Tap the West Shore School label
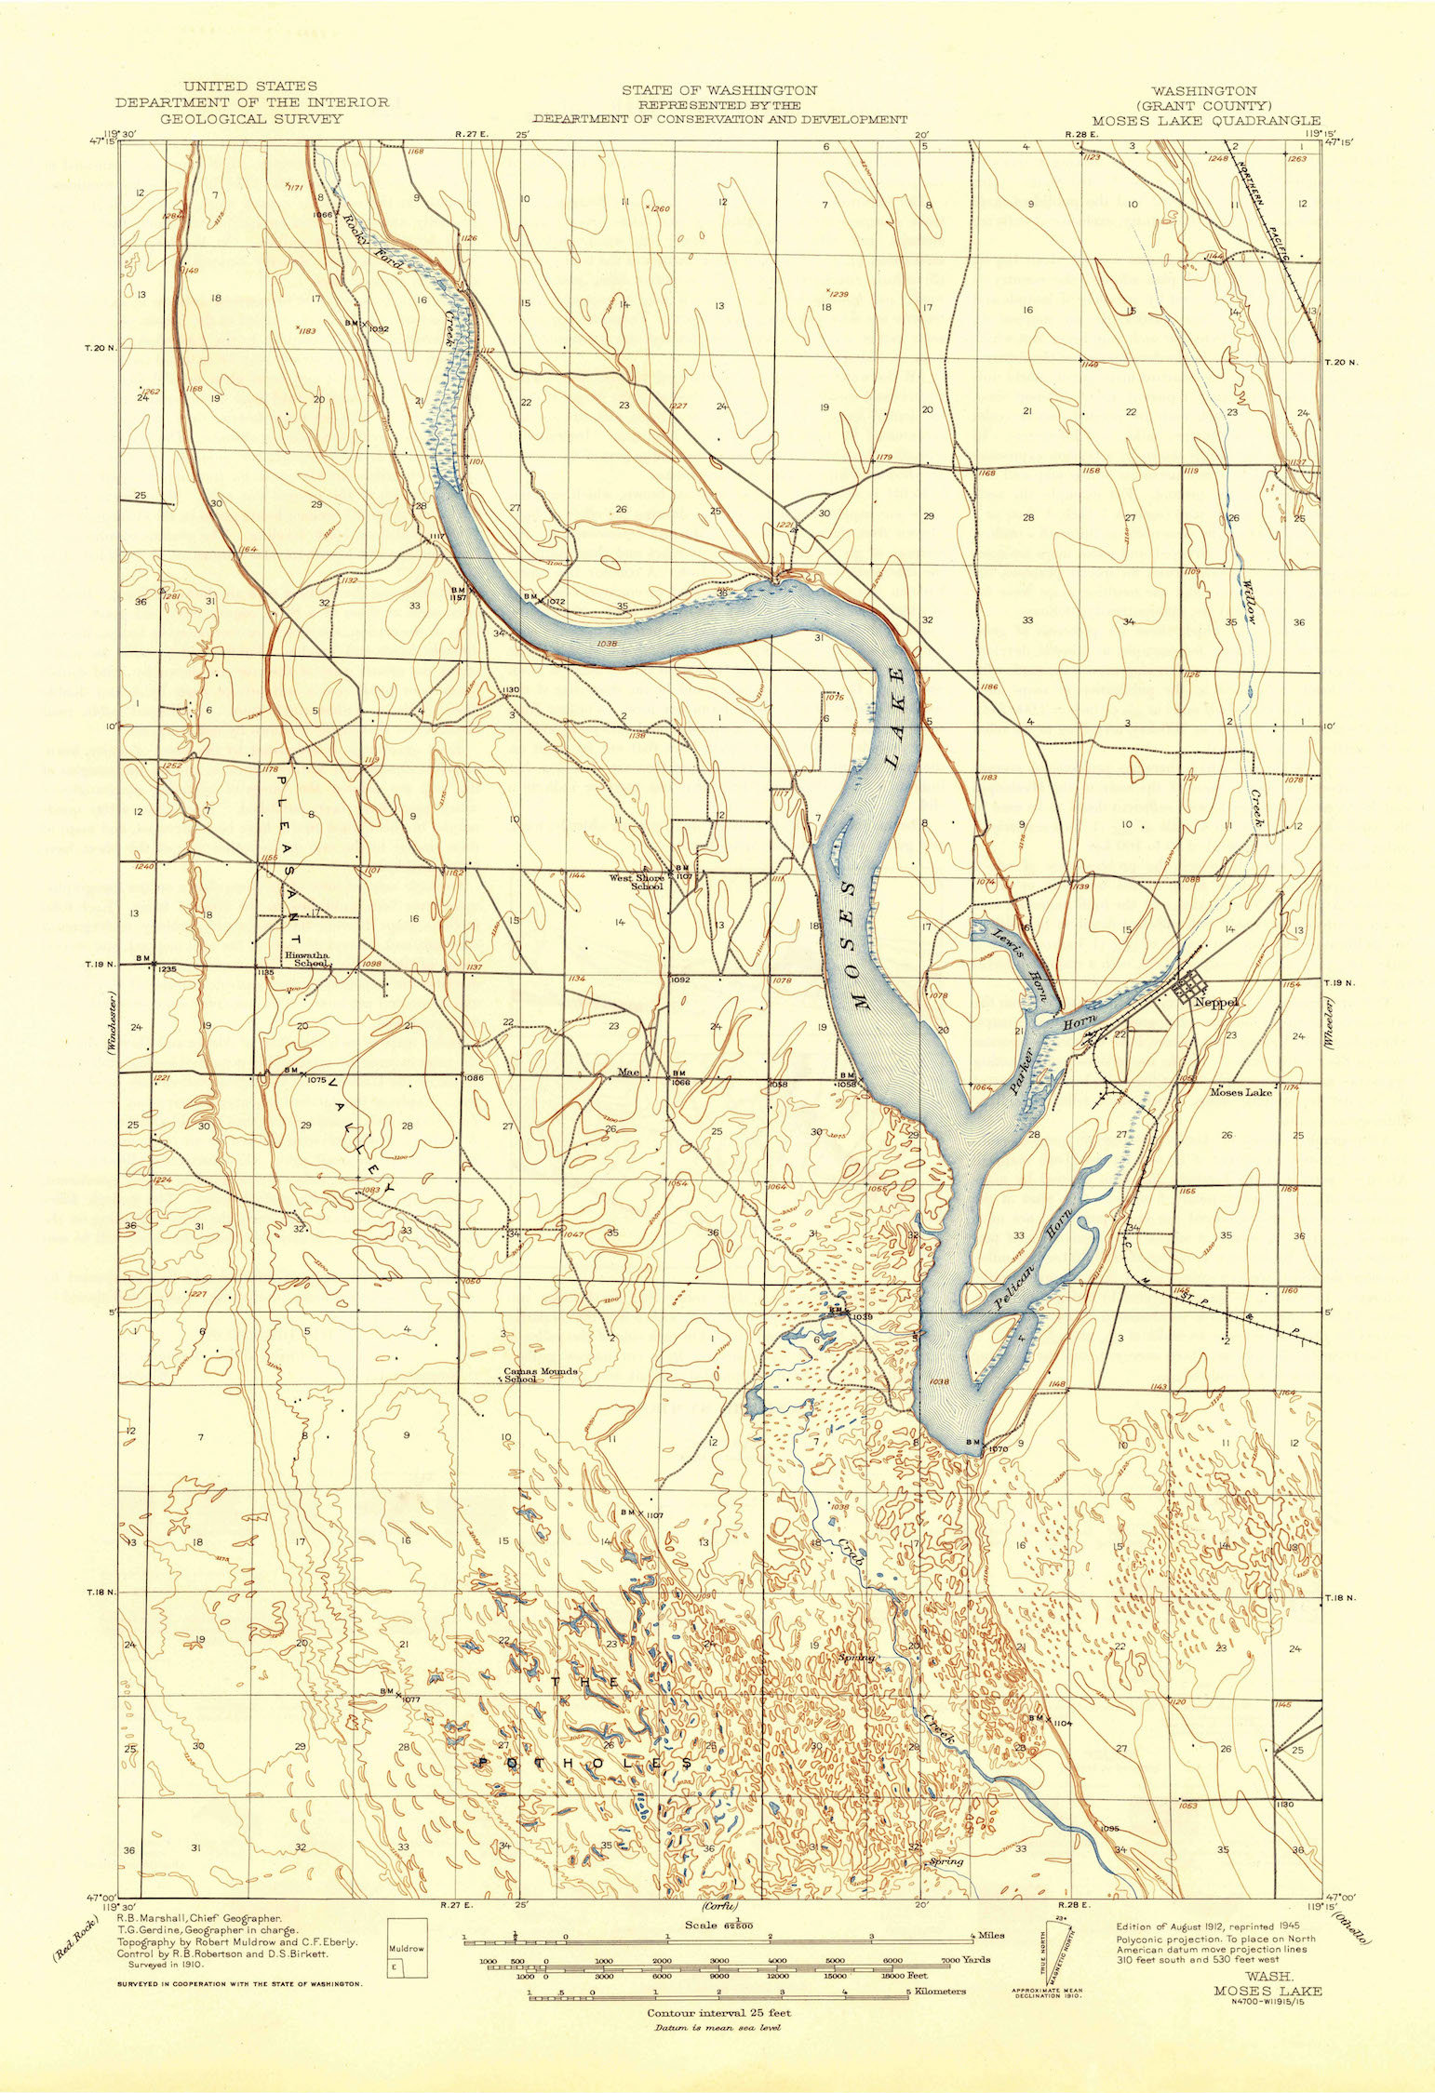(x=637, y=881)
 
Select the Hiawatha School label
(x=307, y=959)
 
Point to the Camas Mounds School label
(x=541, y=1375)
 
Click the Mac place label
(x=628, y=1072)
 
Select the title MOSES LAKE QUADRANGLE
(x=1205, y=120)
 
